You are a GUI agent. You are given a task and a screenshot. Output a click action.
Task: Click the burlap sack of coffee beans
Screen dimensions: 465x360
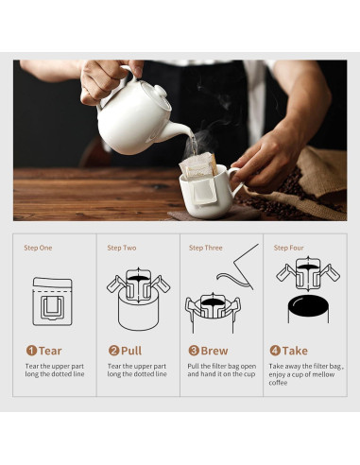(317, 175)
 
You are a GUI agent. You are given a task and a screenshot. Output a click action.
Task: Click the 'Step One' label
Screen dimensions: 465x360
(39, 248)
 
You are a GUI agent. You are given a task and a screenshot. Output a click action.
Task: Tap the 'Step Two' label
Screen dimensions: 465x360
(121, 248)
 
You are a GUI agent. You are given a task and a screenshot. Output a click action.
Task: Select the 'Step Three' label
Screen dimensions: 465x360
(205, 248)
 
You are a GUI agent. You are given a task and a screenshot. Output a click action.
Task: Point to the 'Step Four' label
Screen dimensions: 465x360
(288, 248)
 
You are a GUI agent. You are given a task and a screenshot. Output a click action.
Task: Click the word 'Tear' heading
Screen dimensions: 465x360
(51, 350)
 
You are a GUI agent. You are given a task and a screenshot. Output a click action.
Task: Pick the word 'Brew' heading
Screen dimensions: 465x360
(214, 350)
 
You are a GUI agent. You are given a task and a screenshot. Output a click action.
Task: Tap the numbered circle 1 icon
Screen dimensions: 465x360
(31, 350)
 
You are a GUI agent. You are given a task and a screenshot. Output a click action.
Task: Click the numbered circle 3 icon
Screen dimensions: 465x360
(193, 350)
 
